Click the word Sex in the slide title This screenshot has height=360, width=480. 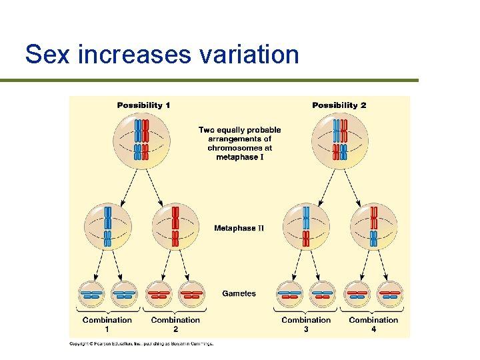pyautogui.click(x=47, y=54)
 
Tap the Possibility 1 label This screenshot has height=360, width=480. pyautogui.click(x=143, y=105)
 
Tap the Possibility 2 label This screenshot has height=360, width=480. pyautogui.click(x=339, y=105)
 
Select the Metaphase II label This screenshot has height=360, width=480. pyautogui.click(x=239, y=228)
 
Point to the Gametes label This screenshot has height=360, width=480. pyautogui.click(x=239, y=293)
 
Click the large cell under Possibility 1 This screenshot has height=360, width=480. pyautogui.click(x=141, y=139)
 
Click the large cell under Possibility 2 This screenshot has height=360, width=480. pyautogui.click(x=340, y=139)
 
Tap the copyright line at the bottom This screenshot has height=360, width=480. pyautogui.click(x=141, y=344)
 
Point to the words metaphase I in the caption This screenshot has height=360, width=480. pyautogui.click(x=240, y=157)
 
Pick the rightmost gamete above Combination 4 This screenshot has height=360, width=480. pyautogui.click(x=390, y=293)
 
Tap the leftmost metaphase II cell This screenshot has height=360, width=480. pyautogui.click(x=107, y=227)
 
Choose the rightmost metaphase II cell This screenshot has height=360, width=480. pyautogui.click(x=373, y=227)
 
